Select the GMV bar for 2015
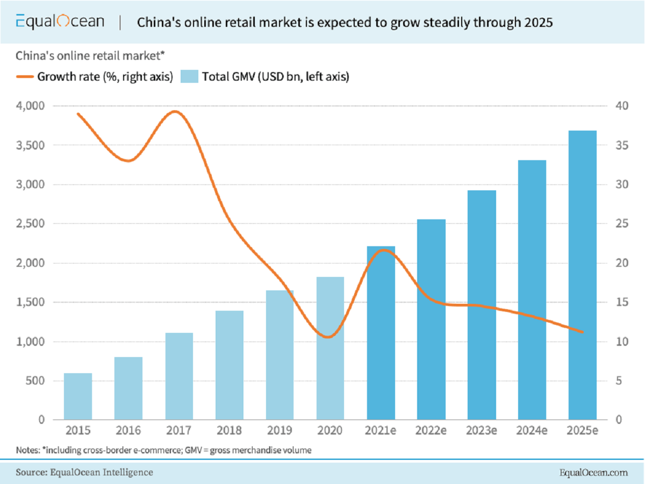coord(78,396)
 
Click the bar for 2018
coord(230,365)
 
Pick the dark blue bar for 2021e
coord(381,333)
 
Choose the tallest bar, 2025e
coord(583,275)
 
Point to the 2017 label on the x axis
coord(179,431)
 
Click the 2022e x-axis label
coord(431,431)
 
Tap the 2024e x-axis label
coord(532,431)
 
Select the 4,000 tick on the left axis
coord(31,106)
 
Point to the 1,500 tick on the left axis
coord(31,302)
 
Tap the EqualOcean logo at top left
coord(60,22)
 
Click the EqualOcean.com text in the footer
coord(593,473)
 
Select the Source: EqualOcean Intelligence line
coord(84,472)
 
